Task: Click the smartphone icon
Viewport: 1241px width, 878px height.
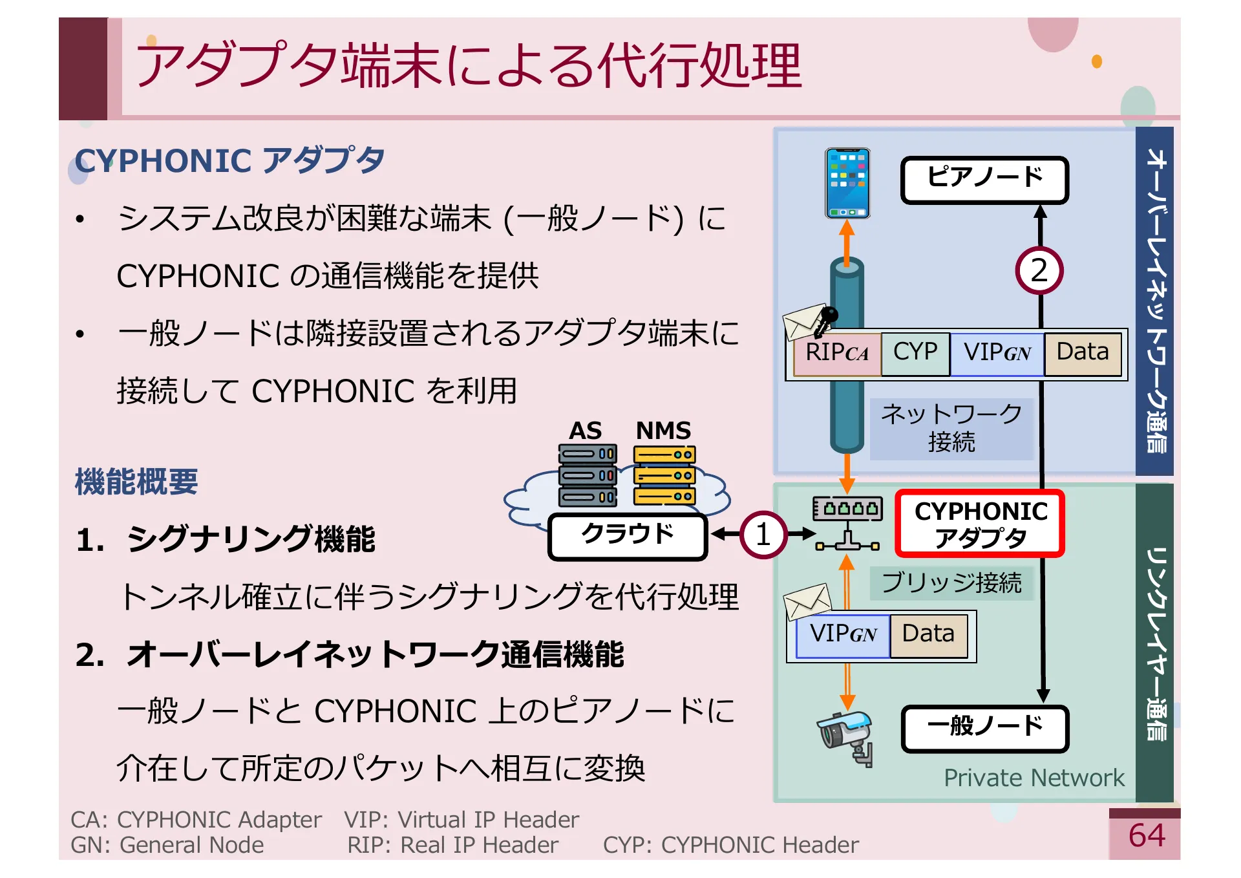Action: pyautogui.click(x=847, y=184)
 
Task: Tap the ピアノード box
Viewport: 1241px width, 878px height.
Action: pyautogui.click(x=984, y=180)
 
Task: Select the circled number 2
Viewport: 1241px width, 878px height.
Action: pyautogui.click(x=1039, y=271)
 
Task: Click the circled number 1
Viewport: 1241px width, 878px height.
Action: pyautogui.click(x=763, y=535)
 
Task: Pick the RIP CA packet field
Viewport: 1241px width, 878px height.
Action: pyautogui.click(x=837, y=353)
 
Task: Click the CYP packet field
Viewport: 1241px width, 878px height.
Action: pyautogui.click(x=915, y=353)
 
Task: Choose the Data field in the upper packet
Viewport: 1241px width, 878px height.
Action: pyautogui.click(x=1083, y=353)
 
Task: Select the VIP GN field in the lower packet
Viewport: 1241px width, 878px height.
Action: pyautogui.click(x=843, y=635)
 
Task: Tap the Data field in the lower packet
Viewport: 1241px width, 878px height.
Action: pyautogui.click(x=928, y=635)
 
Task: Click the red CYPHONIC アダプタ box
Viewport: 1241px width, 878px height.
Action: pyautogui.click(x=980, y=524)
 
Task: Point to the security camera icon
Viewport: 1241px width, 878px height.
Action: pyautogui.click(x=847, y=737)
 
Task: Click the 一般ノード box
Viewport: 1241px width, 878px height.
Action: pyautogui.click(x=984, y=728)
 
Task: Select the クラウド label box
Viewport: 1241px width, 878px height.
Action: pyautogui.click(x=627, y=535)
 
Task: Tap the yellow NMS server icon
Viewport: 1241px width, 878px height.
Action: pyautogui.click(x=664, y=475)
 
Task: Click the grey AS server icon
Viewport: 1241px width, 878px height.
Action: pyautogui.click(x=587, y=475)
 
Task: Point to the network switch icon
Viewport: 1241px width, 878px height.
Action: pyautogui.click(x=847, y=524)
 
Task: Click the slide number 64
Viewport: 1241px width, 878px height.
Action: pyautogui.click(x=1147, y=836)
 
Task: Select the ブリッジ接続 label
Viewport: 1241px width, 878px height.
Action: pyautogui.click(x=951, y=583)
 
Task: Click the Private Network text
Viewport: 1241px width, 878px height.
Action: pyautogui.click(x=1034, y=778)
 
